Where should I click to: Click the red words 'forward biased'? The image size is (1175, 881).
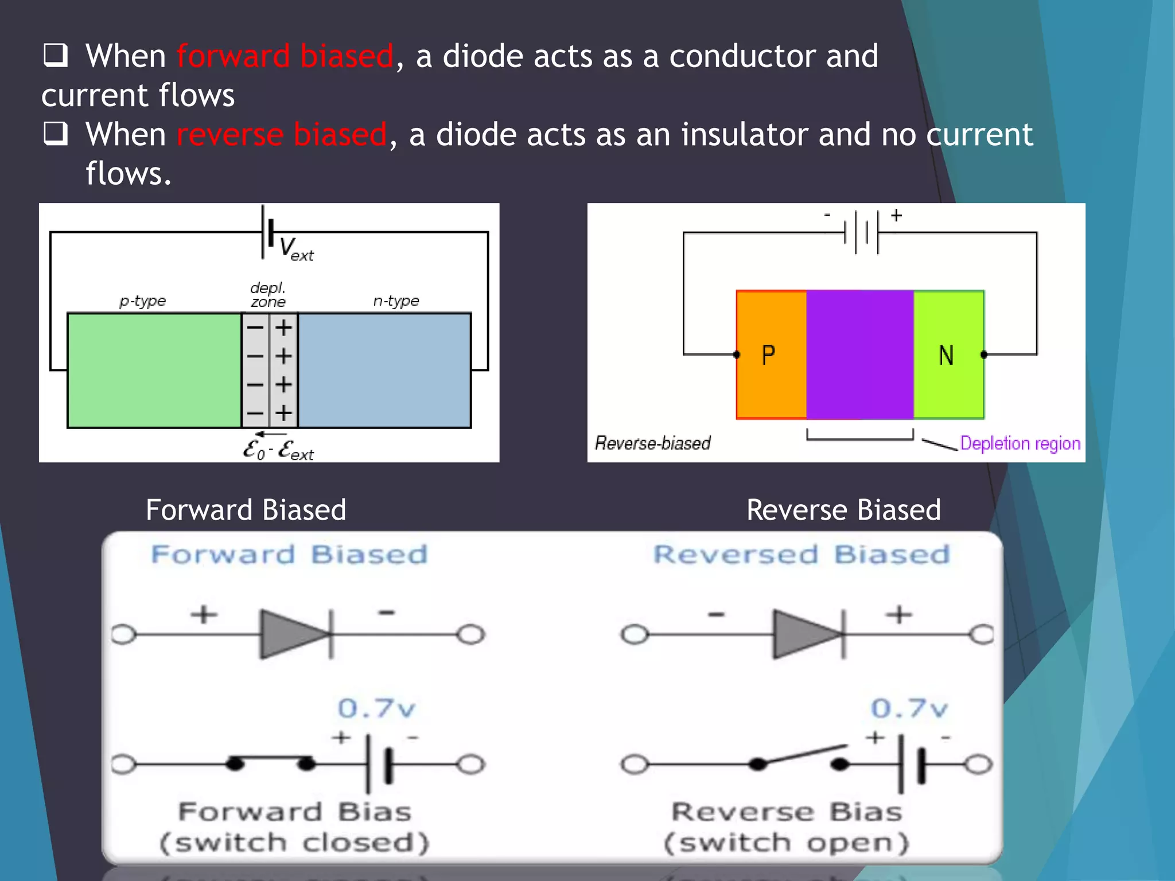285,57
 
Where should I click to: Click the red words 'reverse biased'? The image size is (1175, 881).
282,135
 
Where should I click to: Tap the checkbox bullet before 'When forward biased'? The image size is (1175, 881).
56,56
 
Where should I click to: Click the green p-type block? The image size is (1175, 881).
154,370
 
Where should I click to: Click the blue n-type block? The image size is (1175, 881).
384,370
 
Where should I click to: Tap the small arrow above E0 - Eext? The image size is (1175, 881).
270,434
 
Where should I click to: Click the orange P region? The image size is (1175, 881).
771,354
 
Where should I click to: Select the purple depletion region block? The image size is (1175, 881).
859,354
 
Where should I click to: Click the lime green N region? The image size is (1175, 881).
948,354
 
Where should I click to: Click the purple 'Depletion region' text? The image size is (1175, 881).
1020,443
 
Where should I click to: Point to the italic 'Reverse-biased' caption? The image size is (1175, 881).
652,443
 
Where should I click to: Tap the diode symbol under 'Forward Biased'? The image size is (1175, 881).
296,634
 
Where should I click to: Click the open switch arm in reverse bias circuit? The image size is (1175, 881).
803,754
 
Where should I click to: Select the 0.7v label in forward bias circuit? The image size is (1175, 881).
376,708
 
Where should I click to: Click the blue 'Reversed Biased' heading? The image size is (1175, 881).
802,555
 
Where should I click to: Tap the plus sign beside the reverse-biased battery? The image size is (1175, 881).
896,216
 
